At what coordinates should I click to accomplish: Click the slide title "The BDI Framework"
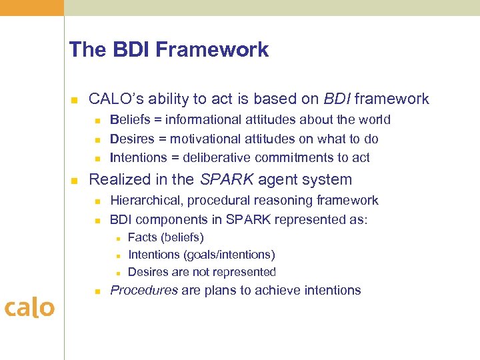tap(169, 50)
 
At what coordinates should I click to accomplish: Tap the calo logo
tap(29, 307)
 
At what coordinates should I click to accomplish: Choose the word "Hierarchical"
tap(145, 201)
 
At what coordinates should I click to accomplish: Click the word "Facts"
tap(141, 237)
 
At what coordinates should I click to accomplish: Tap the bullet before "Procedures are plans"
tap(97, 291)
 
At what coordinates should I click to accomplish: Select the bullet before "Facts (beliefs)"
tap(117, 238)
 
